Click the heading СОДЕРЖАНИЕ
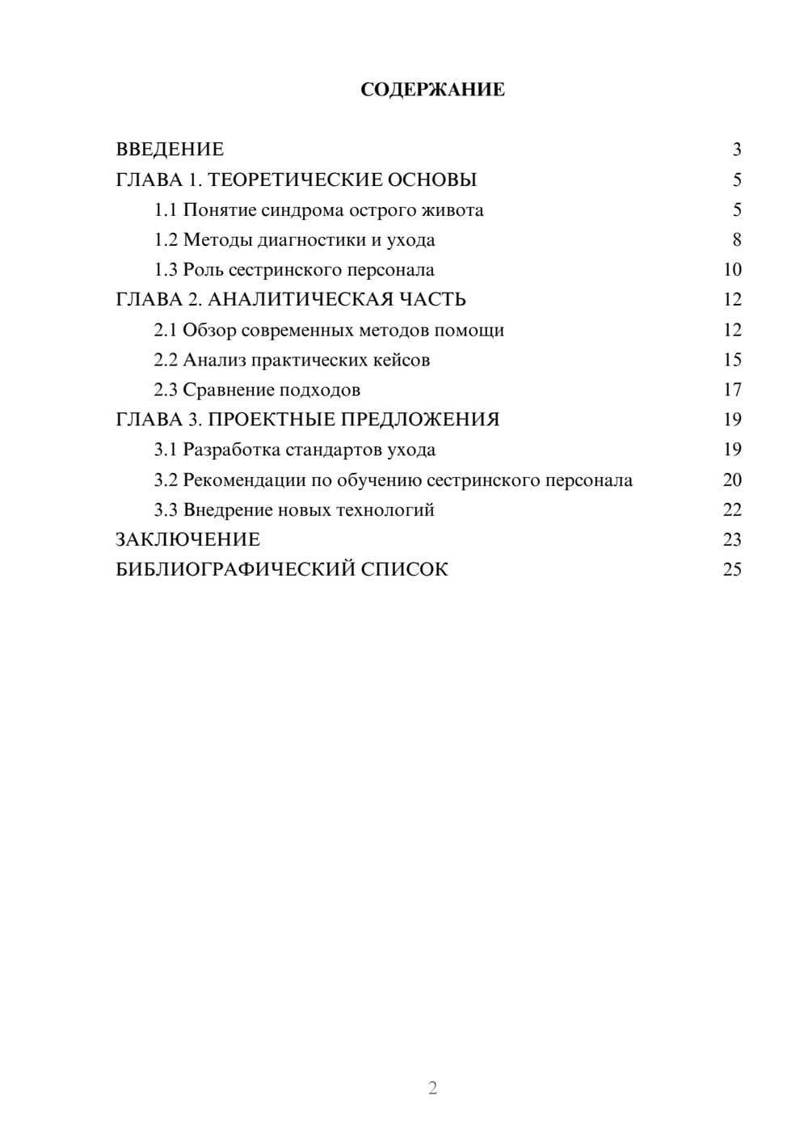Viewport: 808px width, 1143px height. [432, 90]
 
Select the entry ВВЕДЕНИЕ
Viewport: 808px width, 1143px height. [170, 150]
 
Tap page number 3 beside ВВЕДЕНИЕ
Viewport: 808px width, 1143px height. [736, 150]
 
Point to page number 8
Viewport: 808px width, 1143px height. [736, 240]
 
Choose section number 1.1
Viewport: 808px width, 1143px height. [166, 210]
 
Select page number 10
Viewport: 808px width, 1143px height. [731, 270]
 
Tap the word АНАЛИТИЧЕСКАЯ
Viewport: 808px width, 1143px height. [298, 300]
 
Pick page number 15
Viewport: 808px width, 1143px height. [731, 360]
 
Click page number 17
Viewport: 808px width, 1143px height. [731, 390]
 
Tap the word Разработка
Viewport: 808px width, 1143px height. [231, 449]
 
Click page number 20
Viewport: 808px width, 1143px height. [731, 480]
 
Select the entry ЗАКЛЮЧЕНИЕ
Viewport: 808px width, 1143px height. [187, 540]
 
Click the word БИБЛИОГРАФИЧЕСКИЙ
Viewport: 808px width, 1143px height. [234, 570]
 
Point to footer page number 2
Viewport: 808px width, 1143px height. [432, 1088]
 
